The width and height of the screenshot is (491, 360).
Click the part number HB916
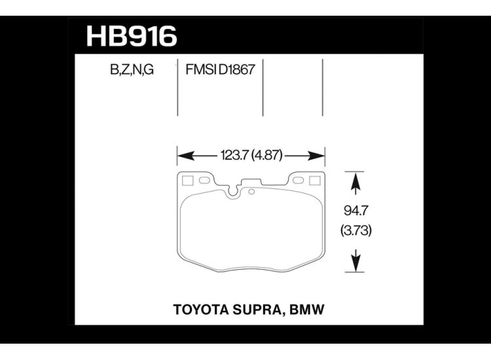(132, 36)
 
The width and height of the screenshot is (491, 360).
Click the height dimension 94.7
(354, 211)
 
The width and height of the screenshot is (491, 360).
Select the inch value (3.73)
(354, 232)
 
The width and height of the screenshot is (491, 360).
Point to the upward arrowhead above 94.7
(354, 179)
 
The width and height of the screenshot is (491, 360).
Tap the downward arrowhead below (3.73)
(354, 264)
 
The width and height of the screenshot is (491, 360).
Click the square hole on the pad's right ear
(315, 181)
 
